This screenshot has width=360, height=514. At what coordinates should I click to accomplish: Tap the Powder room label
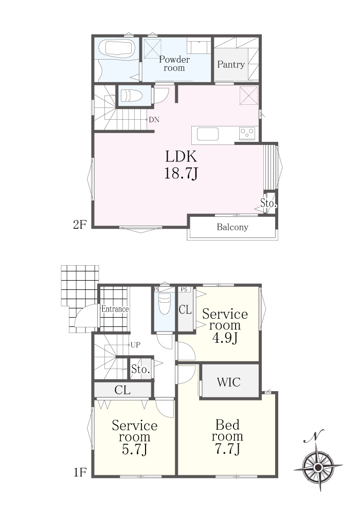click(x=174, y=64)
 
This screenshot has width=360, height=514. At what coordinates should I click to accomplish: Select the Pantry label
click(x=231, y=65)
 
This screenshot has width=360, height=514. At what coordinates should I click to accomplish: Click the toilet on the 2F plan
click(x=131, y=96)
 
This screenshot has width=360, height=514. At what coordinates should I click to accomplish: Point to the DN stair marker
click(x=154, y=120)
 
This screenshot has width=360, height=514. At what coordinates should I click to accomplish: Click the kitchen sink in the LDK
click(x=208, y=134)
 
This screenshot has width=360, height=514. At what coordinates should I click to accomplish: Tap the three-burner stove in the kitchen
click(x=247, y=134)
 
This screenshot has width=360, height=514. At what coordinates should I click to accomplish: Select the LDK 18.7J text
click(x=181, y=165)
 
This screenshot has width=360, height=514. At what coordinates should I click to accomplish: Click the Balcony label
click(x=232, y=227)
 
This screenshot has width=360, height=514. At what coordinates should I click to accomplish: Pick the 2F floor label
click(x=80, y=225)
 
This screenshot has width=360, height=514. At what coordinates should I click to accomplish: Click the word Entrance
click(x=115, y=309)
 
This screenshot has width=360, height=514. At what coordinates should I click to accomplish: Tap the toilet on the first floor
click(x=164, y=304)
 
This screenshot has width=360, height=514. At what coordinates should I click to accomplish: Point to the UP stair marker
click(x=135, y=345)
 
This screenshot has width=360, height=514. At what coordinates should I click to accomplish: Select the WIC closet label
click(x=229, y=382)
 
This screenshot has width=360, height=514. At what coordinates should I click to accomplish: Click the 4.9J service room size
click(x=225, y=338)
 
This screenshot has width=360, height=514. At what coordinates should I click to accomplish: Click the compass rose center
click(x=318, y=467)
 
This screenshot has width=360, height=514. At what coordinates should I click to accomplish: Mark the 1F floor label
click(x=80, y=472)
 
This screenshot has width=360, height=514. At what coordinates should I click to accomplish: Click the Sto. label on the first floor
click(x=140, y=370)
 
